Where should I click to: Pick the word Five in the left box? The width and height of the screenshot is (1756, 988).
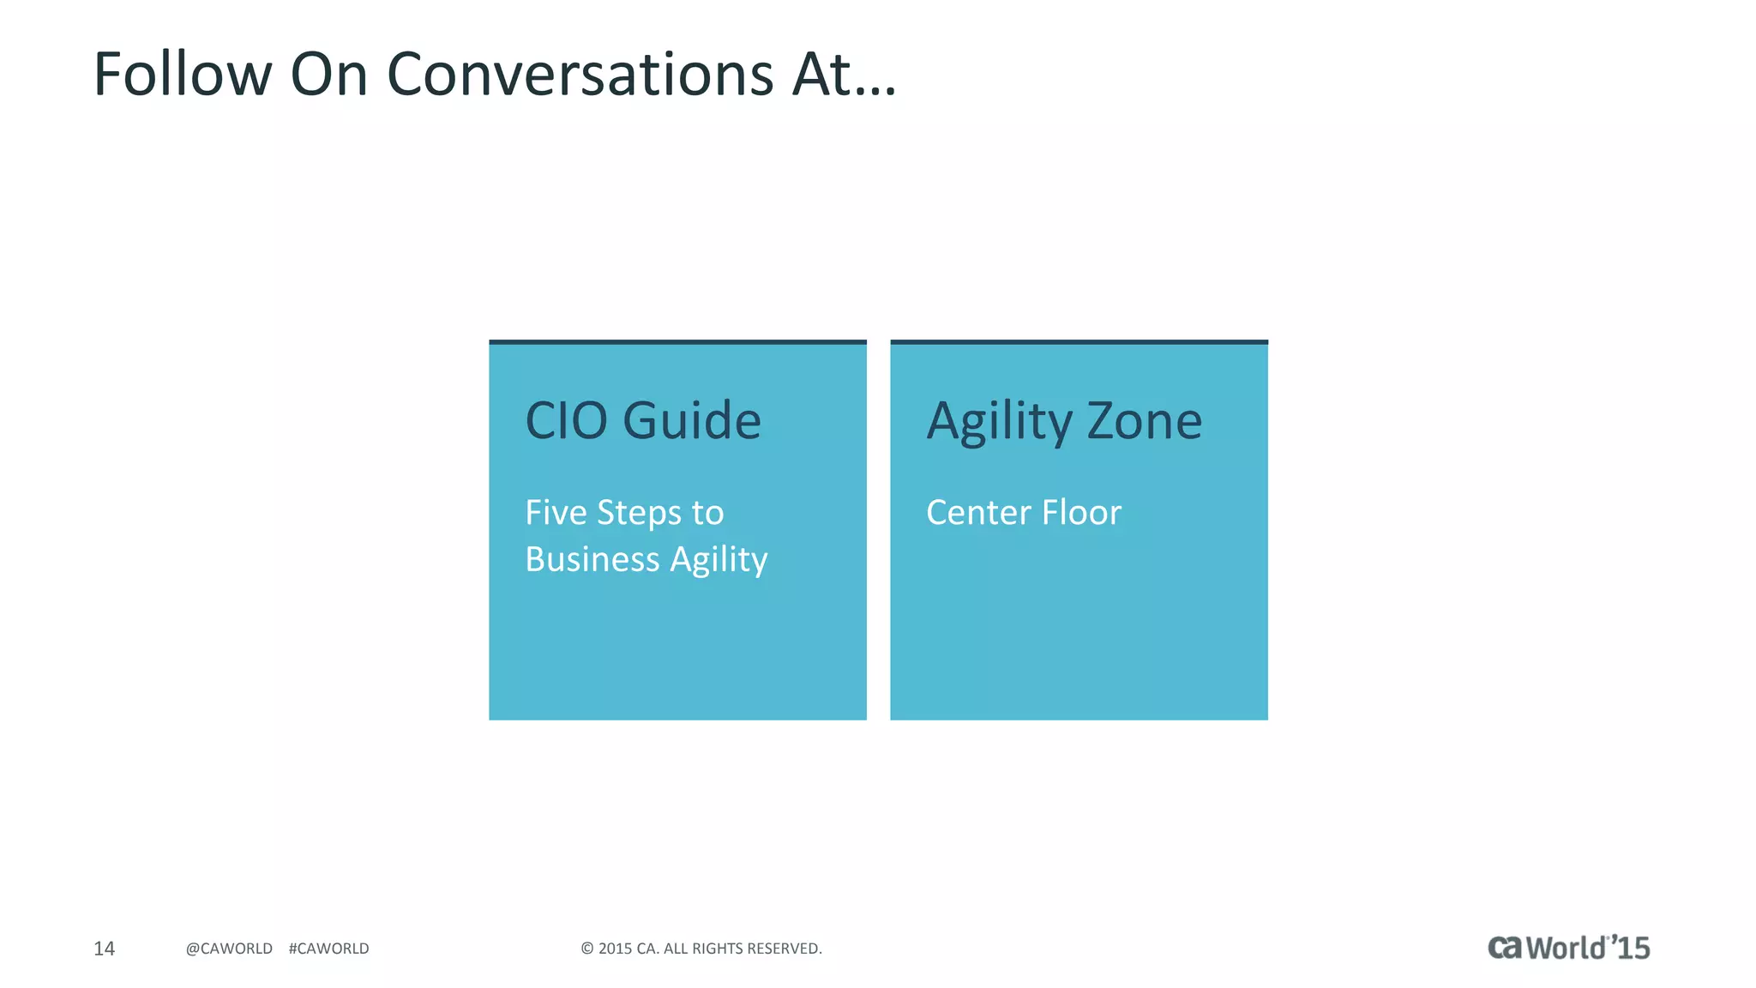pos(556,513)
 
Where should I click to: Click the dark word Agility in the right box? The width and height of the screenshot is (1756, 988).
pos(999,422)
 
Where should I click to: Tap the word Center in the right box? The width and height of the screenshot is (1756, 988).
pos(978,513)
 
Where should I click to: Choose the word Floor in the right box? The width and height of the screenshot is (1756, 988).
pos(1081,513)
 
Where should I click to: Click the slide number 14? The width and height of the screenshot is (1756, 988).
pos(104,949)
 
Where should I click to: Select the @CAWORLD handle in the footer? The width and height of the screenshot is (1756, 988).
pos(229,949)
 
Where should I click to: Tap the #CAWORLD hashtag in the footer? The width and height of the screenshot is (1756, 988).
pos(328,949)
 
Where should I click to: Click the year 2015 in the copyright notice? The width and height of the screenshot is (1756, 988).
pos(615,949)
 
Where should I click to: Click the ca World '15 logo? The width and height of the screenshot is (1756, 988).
pos(1568,948)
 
